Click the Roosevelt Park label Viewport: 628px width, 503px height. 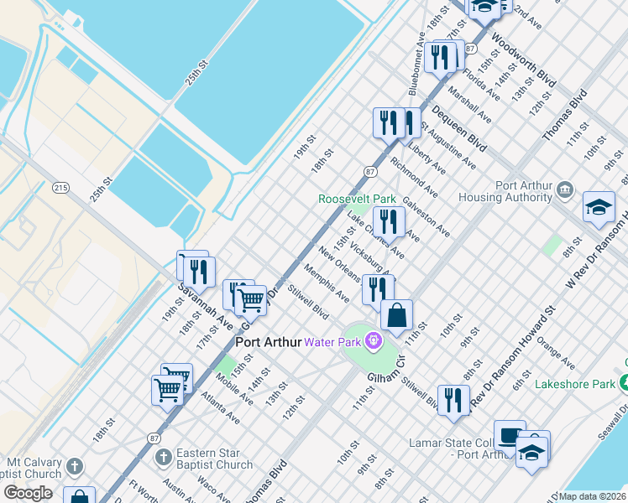point(356,200)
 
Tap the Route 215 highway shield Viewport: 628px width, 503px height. point(60,186)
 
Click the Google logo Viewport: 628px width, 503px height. point(28,493)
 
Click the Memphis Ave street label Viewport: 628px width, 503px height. point(327,284)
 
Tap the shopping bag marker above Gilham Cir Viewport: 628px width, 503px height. point(396,317)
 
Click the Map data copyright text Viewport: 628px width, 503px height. point(593,496)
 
